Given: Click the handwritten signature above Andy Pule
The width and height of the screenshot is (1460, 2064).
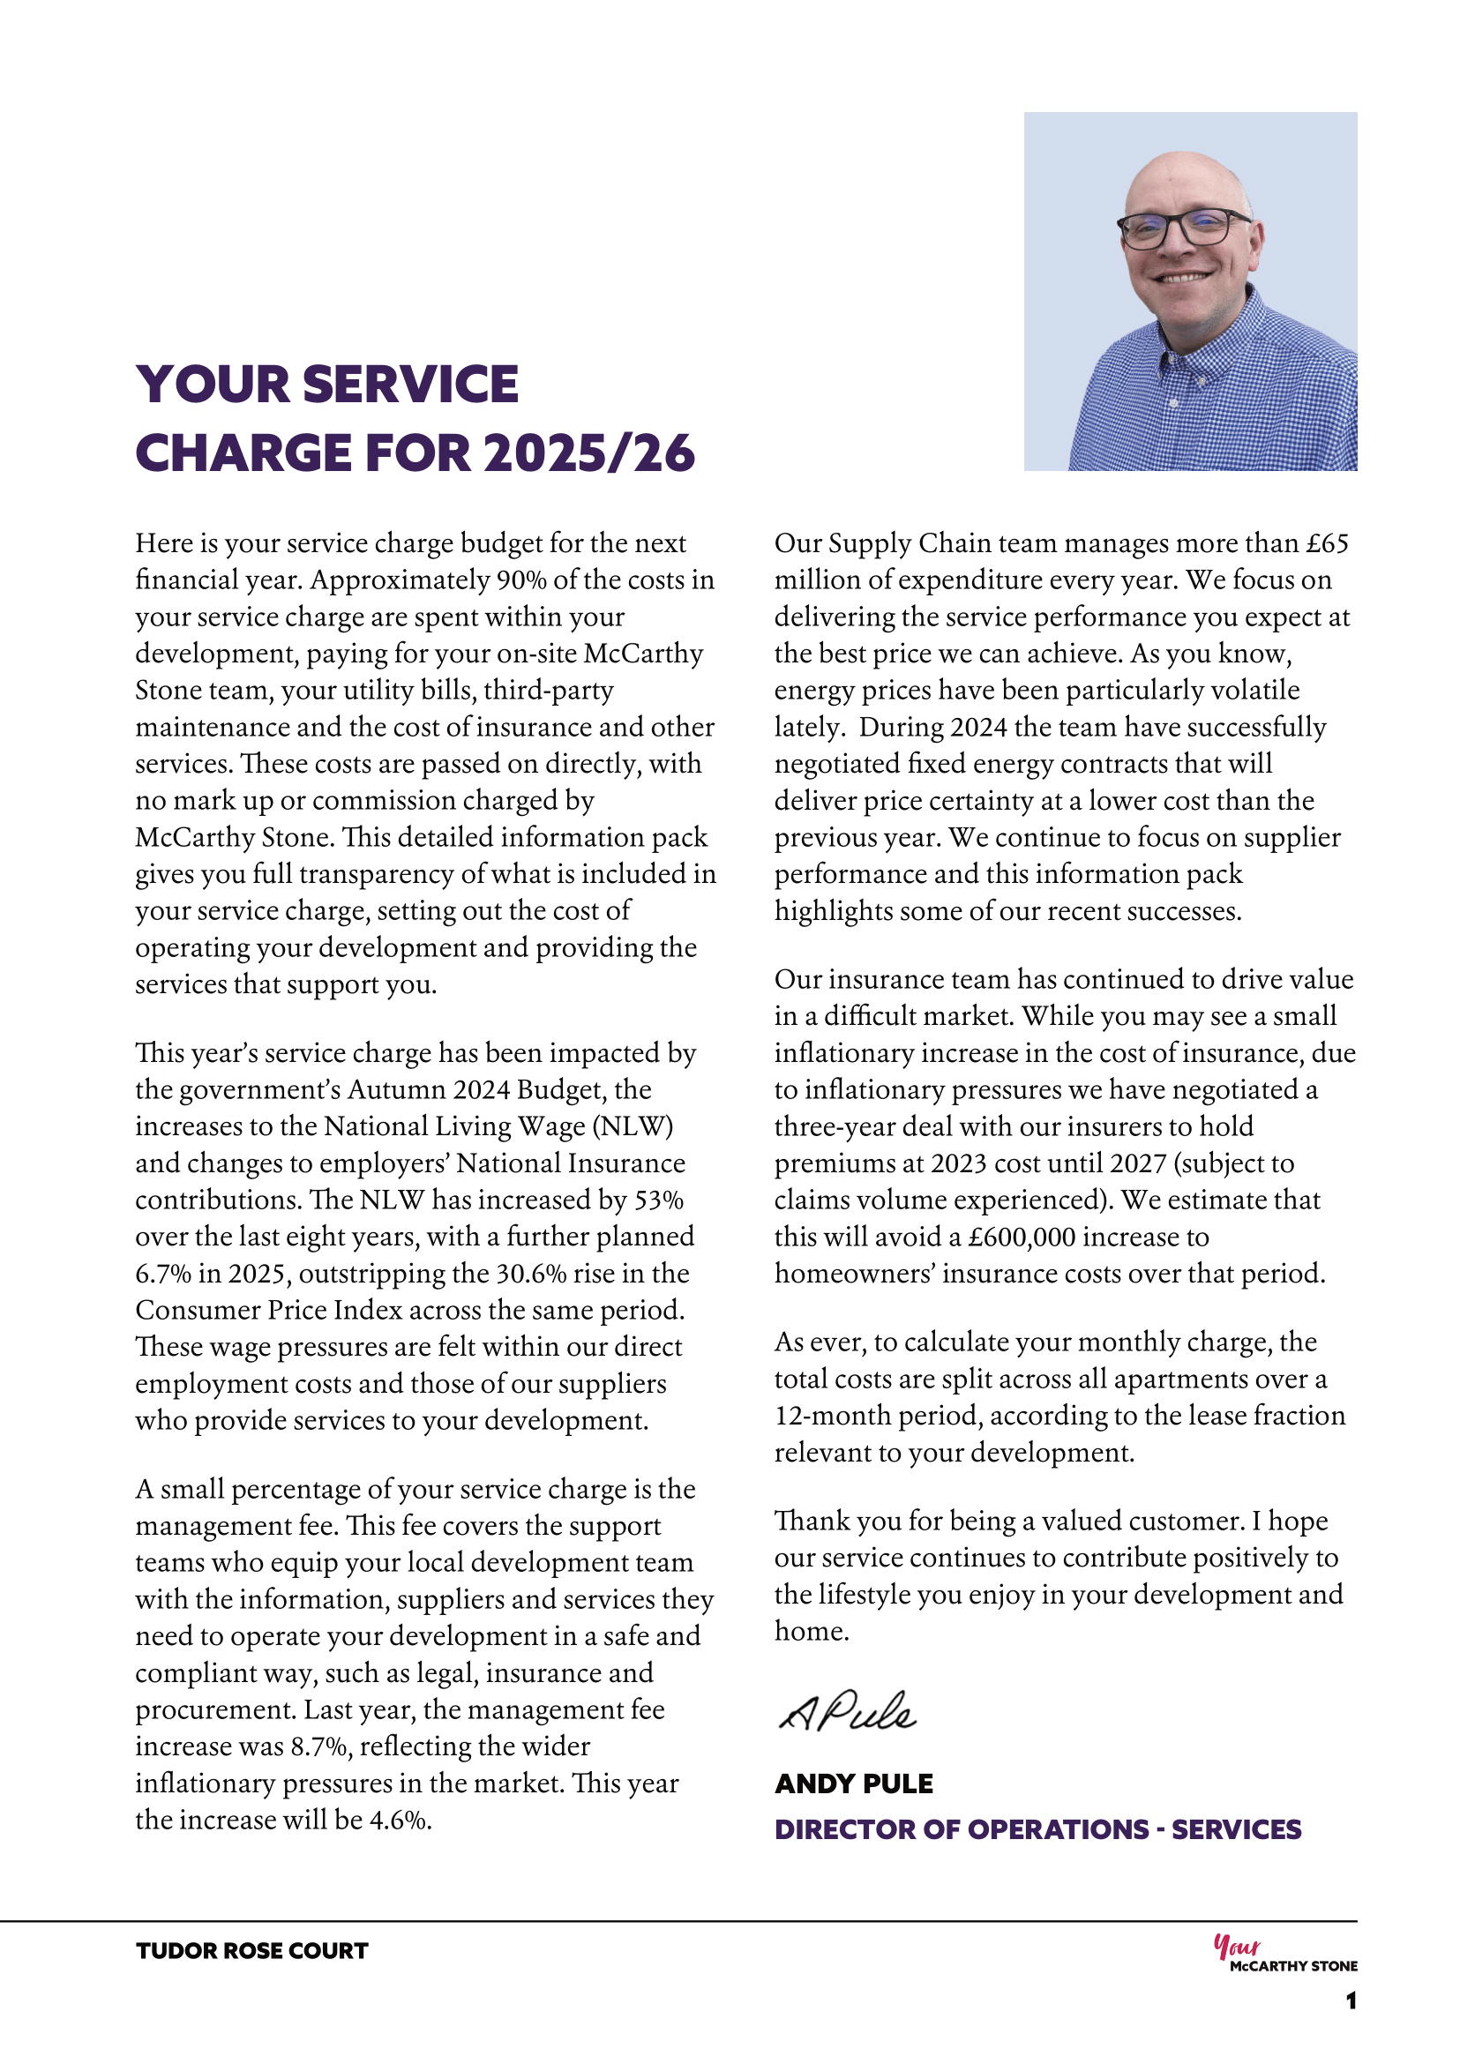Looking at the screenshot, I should (x=847, y=1713).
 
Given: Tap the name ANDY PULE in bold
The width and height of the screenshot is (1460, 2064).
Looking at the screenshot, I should (x=853, y=1784).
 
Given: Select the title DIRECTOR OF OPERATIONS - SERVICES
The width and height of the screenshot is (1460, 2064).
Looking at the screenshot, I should (x=1037, y=1829).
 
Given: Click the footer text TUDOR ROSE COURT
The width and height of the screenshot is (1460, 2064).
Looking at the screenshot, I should (x=251, y=1951).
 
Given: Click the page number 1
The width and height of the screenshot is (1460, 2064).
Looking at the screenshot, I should (x=1351, y=2001).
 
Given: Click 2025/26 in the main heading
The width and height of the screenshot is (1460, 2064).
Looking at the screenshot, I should (x=590, y=453).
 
